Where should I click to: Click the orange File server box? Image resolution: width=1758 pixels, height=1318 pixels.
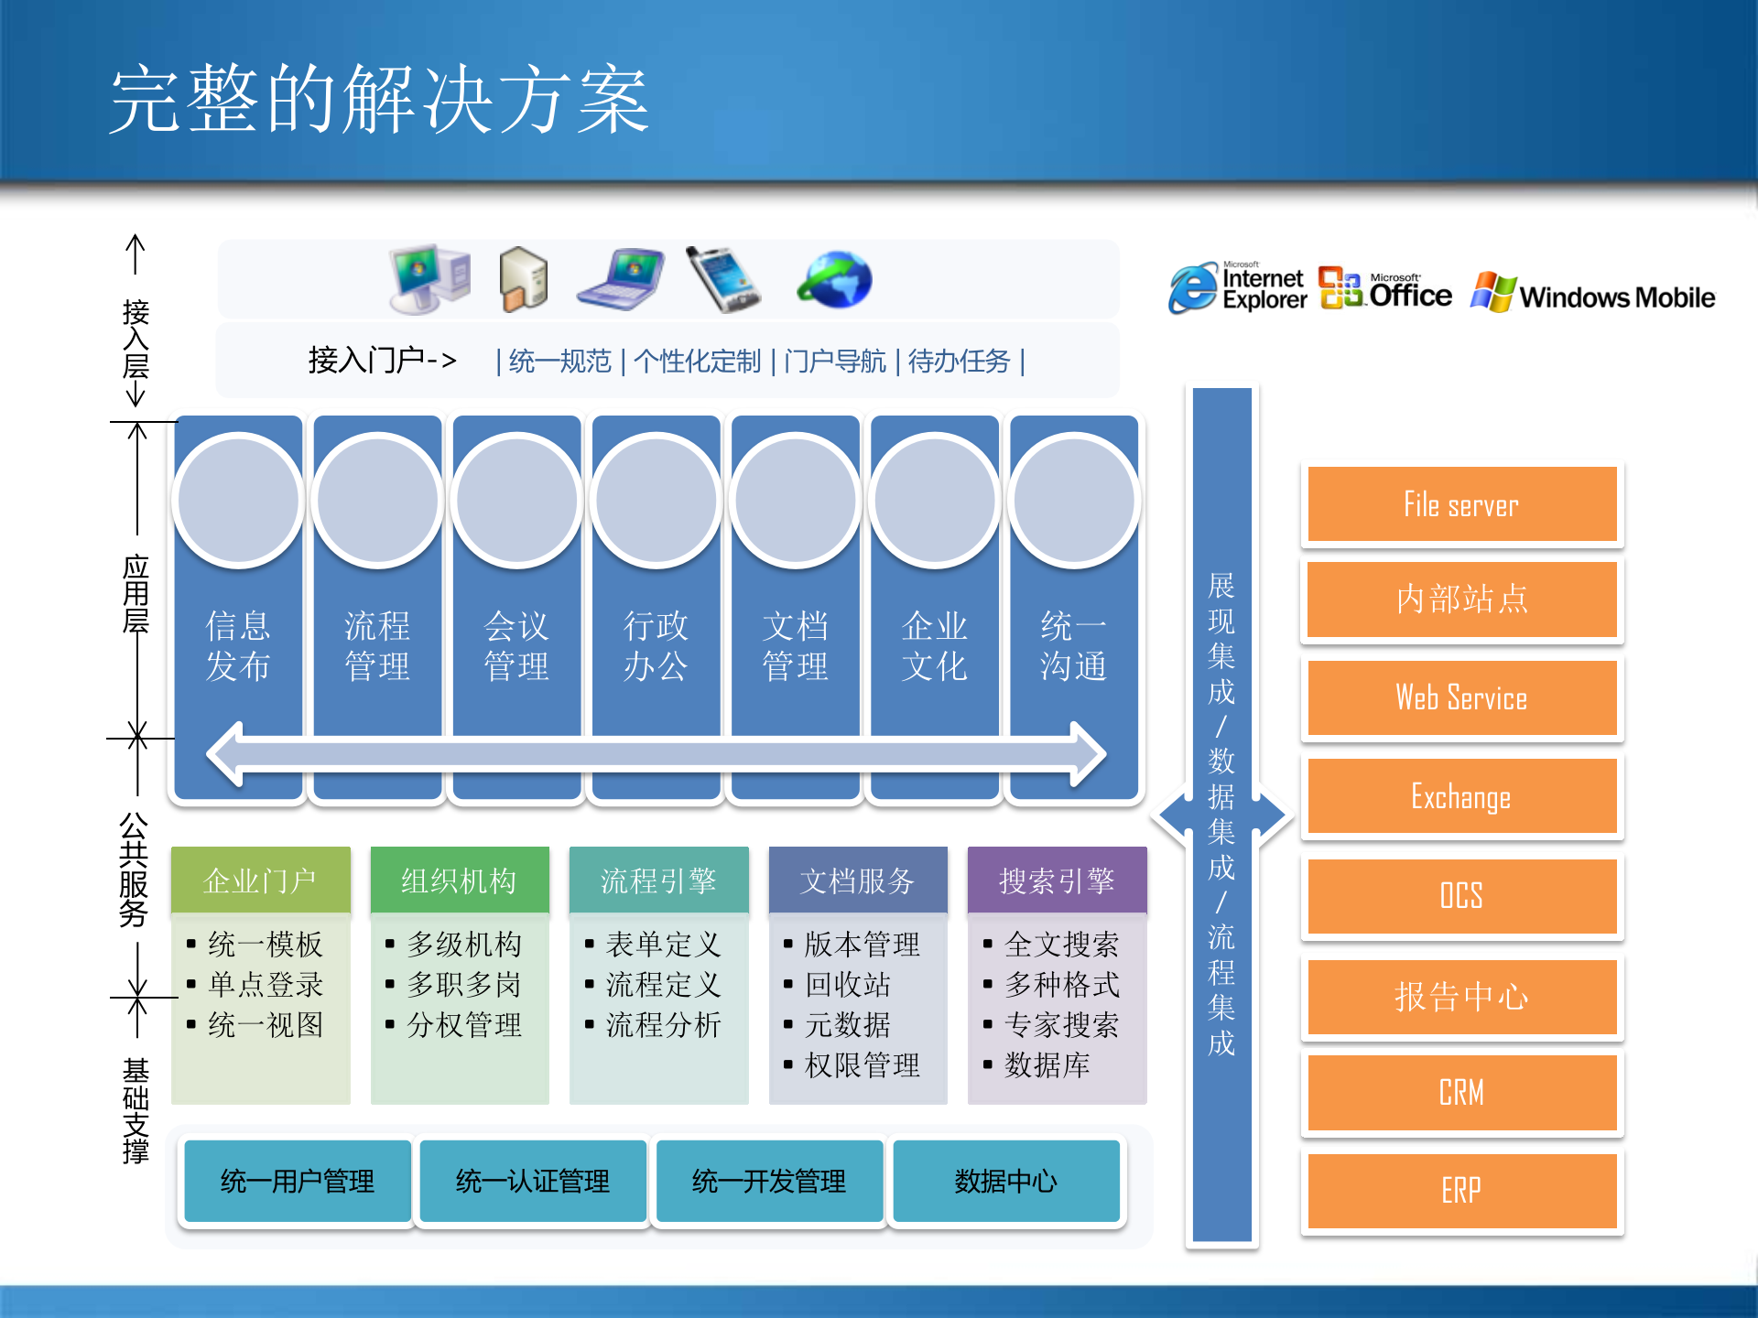point(1461,504)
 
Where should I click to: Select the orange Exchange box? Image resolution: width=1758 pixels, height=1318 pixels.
point(1461,796)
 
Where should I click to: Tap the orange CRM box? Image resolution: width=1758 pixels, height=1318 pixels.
point(1461,1092)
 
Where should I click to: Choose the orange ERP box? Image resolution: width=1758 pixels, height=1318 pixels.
point(1461,1190)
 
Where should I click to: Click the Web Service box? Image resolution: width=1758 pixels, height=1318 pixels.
point(1461,697)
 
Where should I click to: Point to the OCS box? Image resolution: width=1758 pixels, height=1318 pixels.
point(1461,895)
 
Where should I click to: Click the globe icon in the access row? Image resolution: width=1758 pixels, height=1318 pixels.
point(834,280)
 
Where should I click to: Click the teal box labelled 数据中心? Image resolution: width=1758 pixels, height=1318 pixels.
point(1005,1181)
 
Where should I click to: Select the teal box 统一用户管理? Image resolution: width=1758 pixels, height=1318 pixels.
point(298,1181)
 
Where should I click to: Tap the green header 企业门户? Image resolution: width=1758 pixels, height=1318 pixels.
point(260,880)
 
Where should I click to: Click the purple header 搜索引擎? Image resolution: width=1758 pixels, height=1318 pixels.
point(1057,880)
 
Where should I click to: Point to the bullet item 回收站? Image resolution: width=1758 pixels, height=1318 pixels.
point(848,985)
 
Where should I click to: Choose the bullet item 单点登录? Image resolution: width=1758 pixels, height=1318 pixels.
point(266,985)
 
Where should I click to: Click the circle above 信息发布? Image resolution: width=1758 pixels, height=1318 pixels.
point(238,501)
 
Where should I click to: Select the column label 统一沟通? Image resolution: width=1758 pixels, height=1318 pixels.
point(1073,646)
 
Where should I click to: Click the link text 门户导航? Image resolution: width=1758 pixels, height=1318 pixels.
point(834,362)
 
